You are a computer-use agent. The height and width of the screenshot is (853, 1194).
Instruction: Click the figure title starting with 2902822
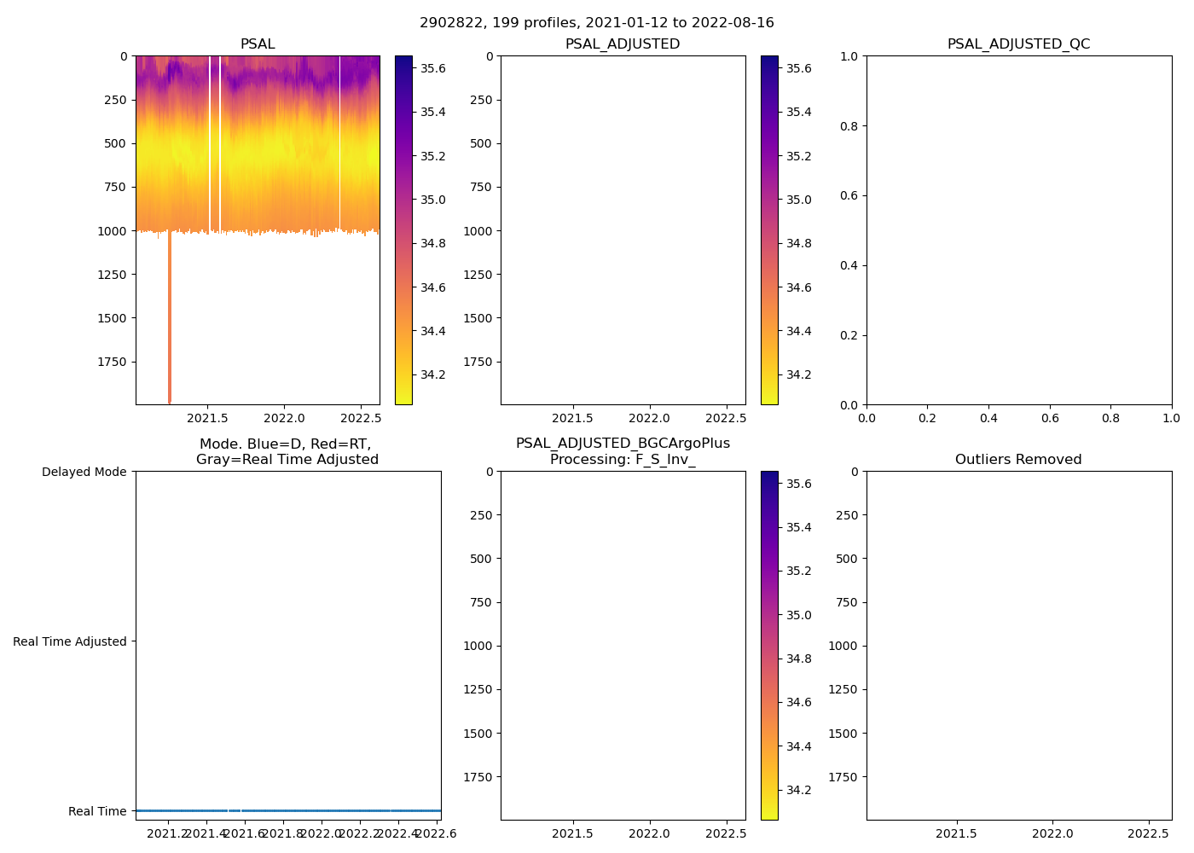[596, 23]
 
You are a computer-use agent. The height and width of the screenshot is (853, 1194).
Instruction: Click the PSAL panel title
[258, 44]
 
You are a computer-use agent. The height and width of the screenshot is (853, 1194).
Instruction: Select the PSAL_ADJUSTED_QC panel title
[1018, 44]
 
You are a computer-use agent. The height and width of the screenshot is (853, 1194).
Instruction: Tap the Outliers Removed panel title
[1018, 460]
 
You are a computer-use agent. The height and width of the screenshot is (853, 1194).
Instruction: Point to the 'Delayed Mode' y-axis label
[84, 472]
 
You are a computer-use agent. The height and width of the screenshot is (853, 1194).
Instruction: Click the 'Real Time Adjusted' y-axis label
[70, 641]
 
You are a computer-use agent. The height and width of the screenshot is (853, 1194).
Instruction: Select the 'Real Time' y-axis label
[97, 811]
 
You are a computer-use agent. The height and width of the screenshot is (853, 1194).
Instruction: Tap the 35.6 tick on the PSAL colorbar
[432, 68]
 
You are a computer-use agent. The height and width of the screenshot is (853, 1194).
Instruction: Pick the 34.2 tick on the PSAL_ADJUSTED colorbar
[798, 374]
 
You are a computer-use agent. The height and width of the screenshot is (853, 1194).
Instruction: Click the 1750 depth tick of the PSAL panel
[112, 362]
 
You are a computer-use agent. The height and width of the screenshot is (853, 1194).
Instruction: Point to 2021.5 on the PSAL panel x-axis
[207, 419]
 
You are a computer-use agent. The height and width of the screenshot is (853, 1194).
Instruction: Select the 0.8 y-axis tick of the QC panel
[848, 126]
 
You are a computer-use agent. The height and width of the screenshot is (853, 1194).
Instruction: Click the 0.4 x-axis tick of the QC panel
[988, 419]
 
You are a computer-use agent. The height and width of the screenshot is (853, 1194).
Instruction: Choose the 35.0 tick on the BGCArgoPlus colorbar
[798, 615]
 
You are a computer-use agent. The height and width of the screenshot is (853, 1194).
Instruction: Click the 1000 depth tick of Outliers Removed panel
[842, 646]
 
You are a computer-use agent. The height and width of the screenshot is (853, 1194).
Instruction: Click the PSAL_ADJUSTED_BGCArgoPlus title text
[623, 444]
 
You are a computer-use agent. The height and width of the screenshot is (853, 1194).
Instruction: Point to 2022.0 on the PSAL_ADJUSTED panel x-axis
[650, 419]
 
